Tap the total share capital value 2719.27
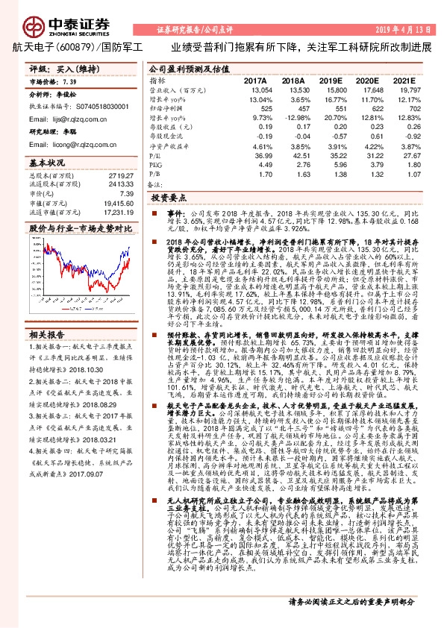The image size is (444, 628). point(120,176)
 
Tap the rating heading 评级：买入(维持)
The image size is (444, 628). point(59,68)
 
